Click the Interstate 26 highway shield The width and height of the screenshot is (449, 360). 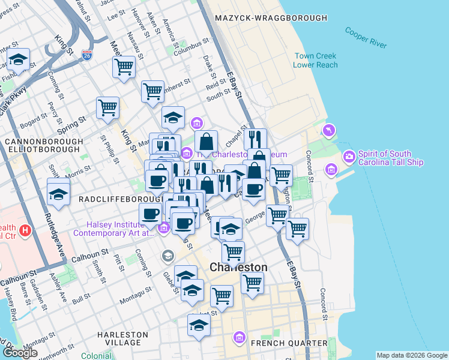pyautogui.click(x=87, y=55)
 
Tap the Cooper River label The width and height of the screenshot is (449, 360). pyautogui.click(x=366, y=36)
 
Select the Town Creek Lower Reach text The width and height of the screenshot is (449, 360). pyautogui.click(x=316, y=61)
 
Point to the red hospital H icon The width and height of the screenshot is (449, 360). pyautogui.click(x=25, y=230)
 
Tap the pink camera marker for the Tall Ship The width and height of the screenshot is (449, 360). pyautogui.click(x=349, y=157)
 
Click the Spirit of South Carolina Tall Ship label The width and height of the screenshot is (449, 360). pyautogui.click(x=391, y=158)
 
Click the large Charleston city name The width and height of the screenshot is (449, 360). pyautogui.click(x=238, y=267)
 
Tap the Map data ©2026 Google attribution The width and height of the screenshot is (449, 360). pyautogui.click(x=412, y=355)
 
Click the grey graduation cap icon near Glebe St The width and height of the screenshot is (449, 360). pyautogui.click(x=167, y=256)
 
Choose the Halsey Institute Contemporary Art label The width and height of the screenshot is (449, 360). pyautogui.click(x=114, y=228)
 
